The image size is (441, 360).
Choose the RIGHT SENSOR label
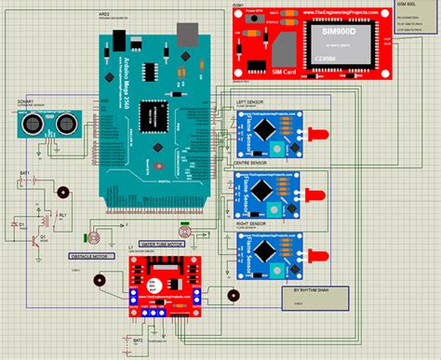click(254, 223)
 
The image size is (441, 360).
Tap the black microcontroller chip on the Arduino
click(151, 114)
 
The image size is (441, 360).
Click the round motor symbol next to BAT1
click(63, 193)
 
